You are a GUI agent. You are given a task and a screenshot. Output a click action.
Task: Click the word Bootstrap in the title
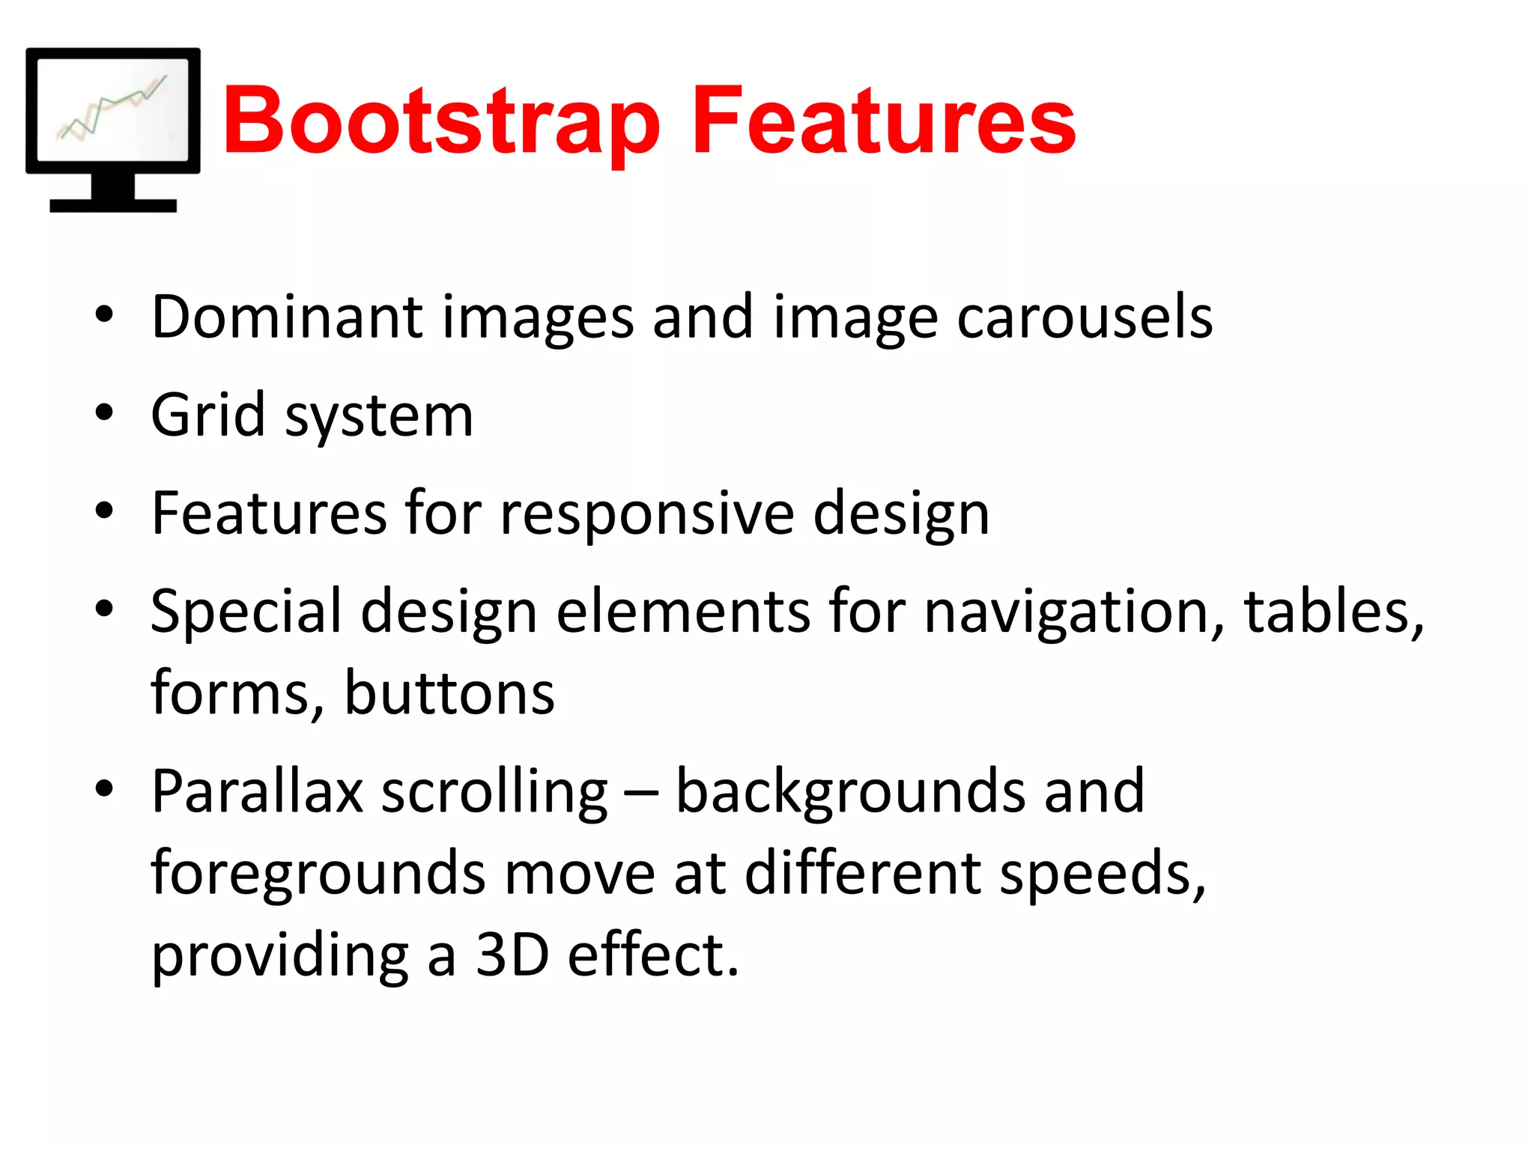(x=440, y=122)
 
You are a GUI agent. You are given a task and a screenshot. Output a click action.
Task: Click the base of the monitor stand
(x=113, y=205)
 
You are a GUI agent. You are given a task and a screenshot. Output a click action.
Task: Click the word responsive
(x=646, y=515)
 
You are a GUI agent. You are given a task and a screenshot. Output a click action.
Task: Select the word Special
(x=246, y=612)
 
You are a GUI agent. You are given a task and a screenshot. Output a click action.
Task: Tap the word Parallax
(x=257, y=792)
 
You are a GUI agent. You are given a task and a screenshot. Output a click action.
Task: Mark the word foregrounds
(x=318, y=874)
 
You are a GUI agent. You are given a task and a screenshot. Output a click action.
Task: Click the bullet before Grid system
(x=104, y=413)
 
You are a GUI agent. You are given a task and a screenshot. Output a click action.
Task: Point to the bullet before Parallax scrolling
(x=104, y=788)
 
